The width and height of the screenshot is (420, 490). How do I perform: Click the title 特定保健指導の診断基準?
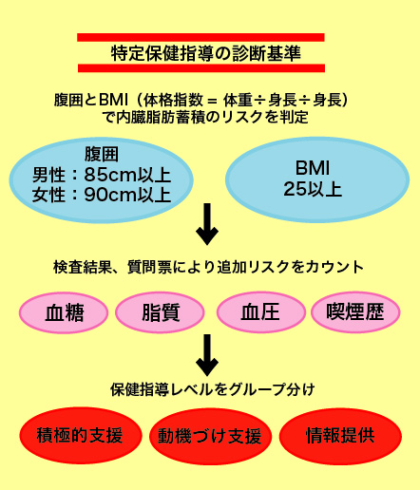(206, 53)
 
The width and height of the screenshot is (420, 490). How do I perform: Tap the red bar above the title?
(200, 37)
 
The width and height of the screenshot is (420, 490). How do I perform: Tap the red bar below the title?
(201, 68)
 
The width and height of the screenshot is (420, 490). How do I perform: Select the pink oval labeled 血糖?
(64, 312)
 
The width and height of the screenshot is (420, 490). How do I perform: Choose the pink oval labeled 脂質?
(160, 312)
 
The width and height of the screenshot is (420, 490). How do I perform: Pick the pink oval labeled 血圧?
(261, 312)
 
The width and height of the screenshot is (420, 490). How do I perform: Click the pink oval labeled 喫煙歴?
(355, 312)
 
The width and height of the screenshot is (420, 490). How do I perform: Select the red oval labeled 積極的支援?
(81, 436)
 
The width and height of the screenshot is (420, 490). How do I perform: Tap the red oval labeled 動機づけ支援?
(210, 436)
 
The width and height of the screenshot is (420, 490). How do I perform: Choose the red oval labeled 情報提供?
(340, 436)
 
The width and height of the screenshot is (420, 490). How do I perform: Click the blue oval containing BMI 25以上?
(317, 179)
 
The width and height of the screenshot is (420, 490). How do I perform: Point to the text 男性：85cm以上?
(102, 175)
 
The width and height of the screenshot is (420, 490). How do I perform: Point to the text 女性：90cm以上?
(102, 195)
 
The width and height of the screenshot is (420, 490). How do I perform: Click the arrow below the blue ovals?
(207, 224)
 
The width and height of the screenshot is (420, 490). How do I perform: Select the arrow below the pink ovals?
(207, 355)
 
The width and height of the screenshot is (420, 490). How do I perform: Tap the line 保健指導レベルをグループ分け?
(213, 389)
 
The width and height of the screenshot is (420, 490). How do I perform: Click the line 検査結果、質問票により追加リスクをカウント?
(208, 267)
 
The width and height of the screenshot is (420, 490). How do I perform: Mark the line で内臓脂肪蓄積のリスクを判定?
(205, 118)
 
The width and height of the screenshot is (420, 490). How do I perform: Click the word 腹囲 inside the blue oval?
(102, 155)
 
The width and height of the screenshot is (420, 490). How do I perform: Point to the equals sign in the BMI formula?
(212, 101)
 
